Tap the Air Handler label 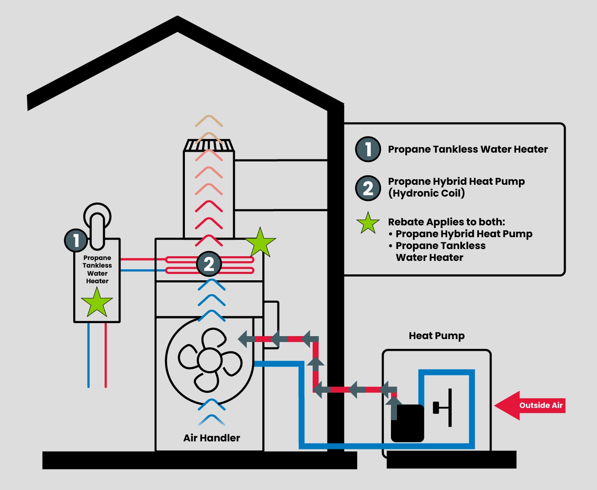click(x=212, y=438)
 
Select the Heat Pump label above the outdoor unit click(x=437, y=336)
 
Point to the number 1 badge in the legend click(x=368, y=149)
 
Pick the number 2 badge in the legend click(x=368, y=188)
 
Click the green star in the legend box click(x=368, y=223)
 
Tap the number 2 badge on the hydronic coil click(x=209, y=264)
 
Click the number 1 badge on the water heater click(x=76, y=241)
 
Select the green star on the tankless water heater click(x=97, y=303)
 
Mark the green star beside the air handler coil click(x=260, y=243)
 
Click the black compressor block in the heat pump click(x=407, y=423)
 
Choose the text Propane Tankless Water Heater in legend click(x=468, y=149)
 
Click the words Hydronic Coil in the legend click(x=426, y=193)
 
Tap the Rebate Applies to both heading click(x=446, y=222)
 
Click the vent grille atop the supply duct click(x=209, y=145)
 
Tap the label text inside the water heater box click(x=97, y=269)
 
